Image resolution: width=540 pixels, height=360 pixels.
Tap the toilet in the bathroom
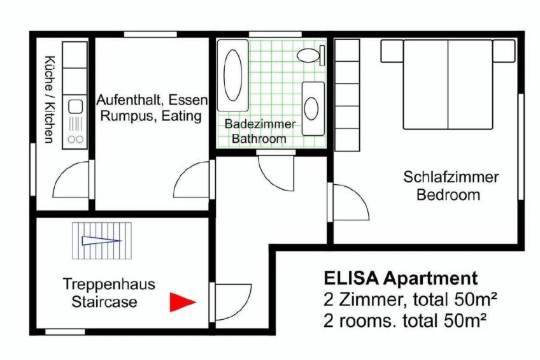[x=311, y=55]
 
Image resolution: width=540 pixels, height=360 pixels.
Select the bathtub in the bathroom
[x=233, y=75]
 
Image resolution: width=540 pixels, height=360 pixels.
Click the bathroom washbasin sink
[x=313, y=108]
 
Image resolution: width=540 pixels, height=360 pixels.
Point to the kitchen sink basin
[x=75, y=107]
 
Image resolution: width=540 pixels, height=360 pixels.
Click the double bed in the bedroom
[x=448, y=84]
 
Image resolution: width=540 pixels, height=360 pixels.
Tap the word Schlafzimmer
[x=450, y=177]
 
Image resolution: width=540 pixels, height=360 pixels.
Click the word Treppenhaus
[x=109, y=284]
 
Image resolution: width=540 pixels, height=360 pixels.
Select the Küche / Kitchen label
[x=49, y=99]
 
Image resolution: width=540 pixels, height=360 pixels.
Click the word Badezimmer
[x=260, y=124]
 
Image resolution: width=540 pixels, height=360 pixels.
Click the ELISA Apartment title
[x=401, y=278]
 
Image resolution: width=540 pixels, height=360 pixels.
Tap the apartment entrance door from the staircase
[x=231, y=302]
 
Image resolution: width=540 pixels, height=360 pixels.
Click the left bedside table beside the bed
[x=392, y=51]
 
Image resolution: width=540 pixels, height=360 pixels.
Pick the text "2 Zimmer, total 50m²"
[x=410, y=299]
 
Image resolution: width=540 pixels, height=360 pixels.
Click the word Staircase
[x=104, y=302]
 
